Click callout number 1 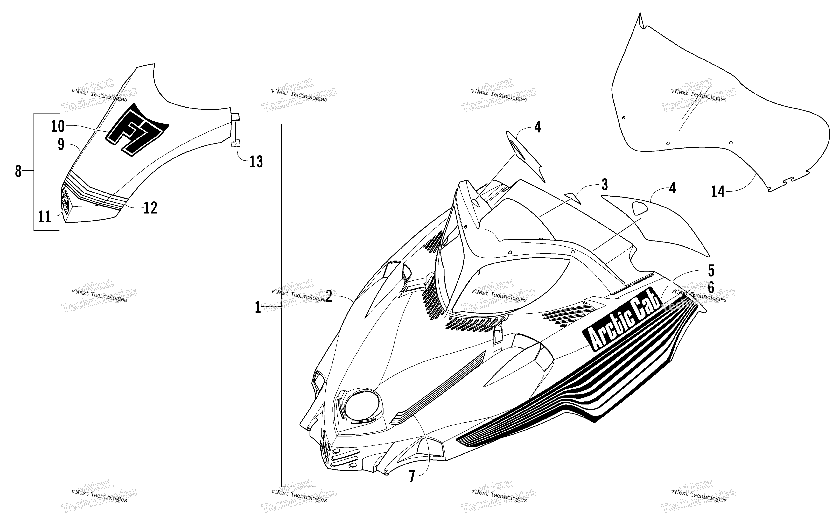tap(258, 307)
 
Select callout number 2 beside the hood tap(329, 296)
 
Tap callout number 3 tap(604, 185)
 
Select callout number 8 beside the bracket tap(18, 171)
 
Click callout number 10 tap(58, 126)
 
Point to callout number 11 tap(45, 217)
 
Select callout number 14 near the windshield tap(718, 191)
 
